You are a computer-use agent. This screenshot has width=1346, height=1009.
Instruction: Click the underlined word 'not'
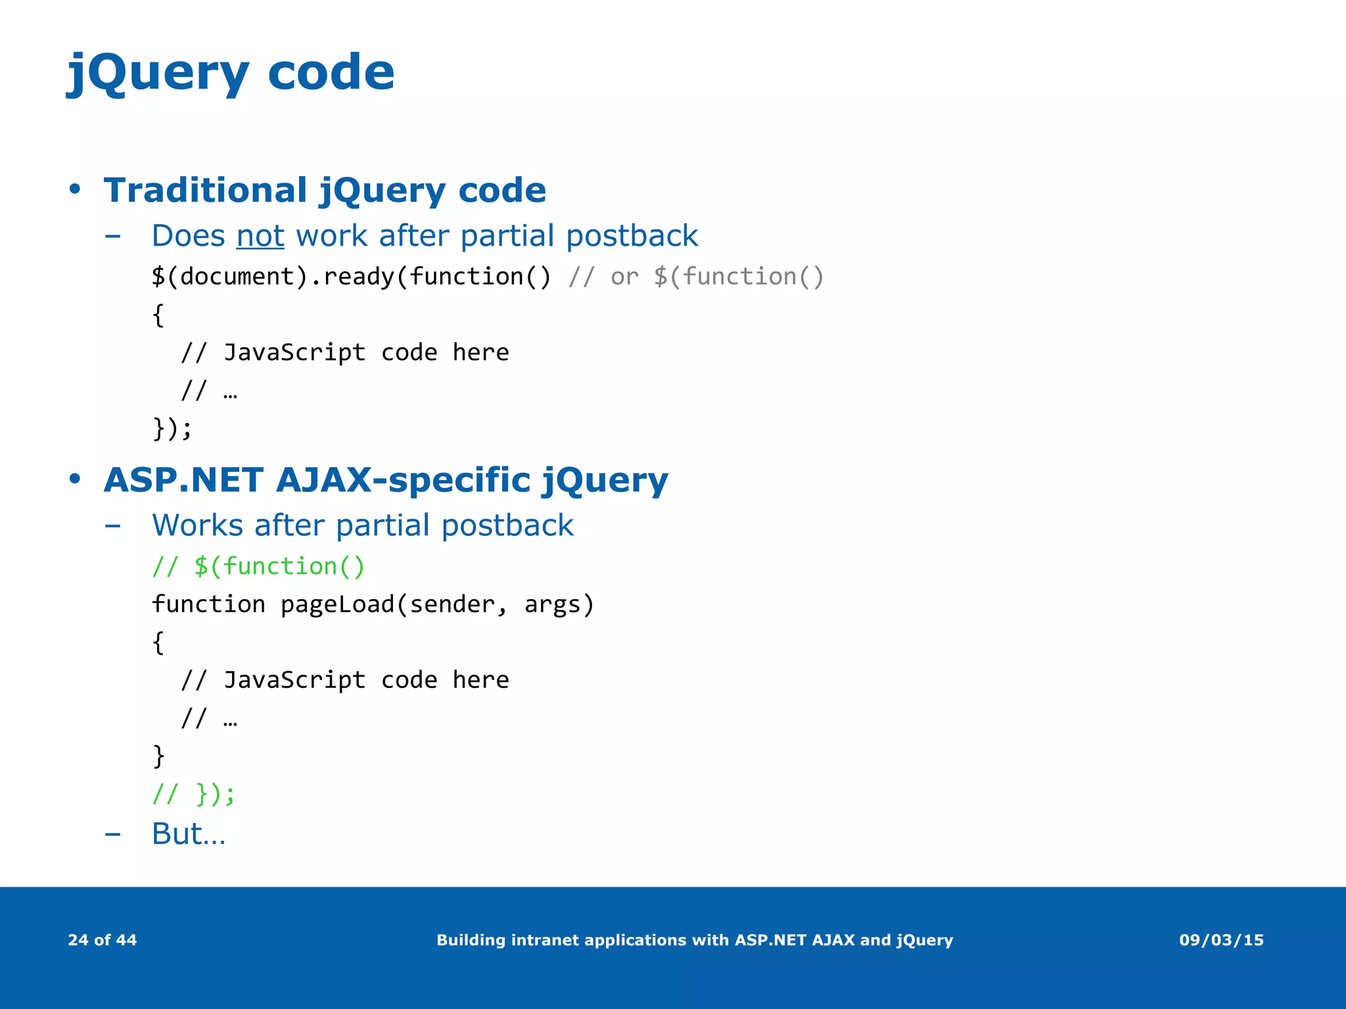pyautogui.click(x=260, y=236)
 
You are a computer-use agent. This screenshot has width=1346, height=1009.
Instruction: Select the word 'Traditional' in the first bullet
pyautogui.click(x=205, y=191)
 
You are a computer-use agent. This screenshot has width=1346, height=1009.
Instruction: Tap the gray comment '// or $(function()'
pyautogui.click(x=695, y=277)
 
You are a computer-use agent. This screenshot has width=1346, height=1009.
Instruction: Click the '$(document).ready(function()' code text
pyautogui.click(x=351, y=277)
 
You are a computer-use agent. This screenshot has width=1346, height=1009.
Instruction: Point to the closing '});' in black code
pyautogui.click(x=172, y=428)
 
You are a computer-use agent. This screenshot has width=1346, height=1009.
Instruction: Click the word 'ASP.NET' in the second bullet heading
pyautogui.click(x=183, y=480)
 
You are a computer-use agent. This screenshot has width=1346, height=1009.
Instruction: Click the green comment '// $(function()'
pyautogui.click(x=258, y=566)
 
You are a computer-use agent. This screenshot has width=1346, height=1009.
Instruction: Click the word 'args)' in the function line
pyautogui.click(x=559, y=604)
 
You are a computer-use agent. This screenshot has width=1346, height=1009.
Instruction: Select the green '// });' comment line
pyautogui.click(x=193, y=794)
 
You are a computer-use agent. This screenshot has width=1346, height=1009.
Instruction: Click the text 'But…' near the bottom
pyautogui.click(x=189, y=834)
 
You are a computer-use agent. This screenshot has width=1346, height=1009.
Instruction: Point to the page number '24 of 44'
pyautogui.click(x=103, y=940)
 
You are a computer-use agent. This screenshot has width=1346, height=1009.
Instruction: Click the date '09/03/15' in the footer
pyautogui.click(x=1221, y=940)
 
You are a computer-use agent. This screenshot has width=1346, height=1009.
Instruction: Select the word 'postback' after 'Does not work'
pyautogui.click(x=632, y=236)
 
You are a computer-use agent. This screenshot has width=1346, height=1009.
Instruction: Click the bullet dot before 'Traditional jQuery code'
pyautogui.click(x=75, y=190)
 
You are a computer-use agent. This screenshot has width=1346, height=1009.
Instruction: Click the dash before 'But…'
pyautogui.click(x=112, y=834)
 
